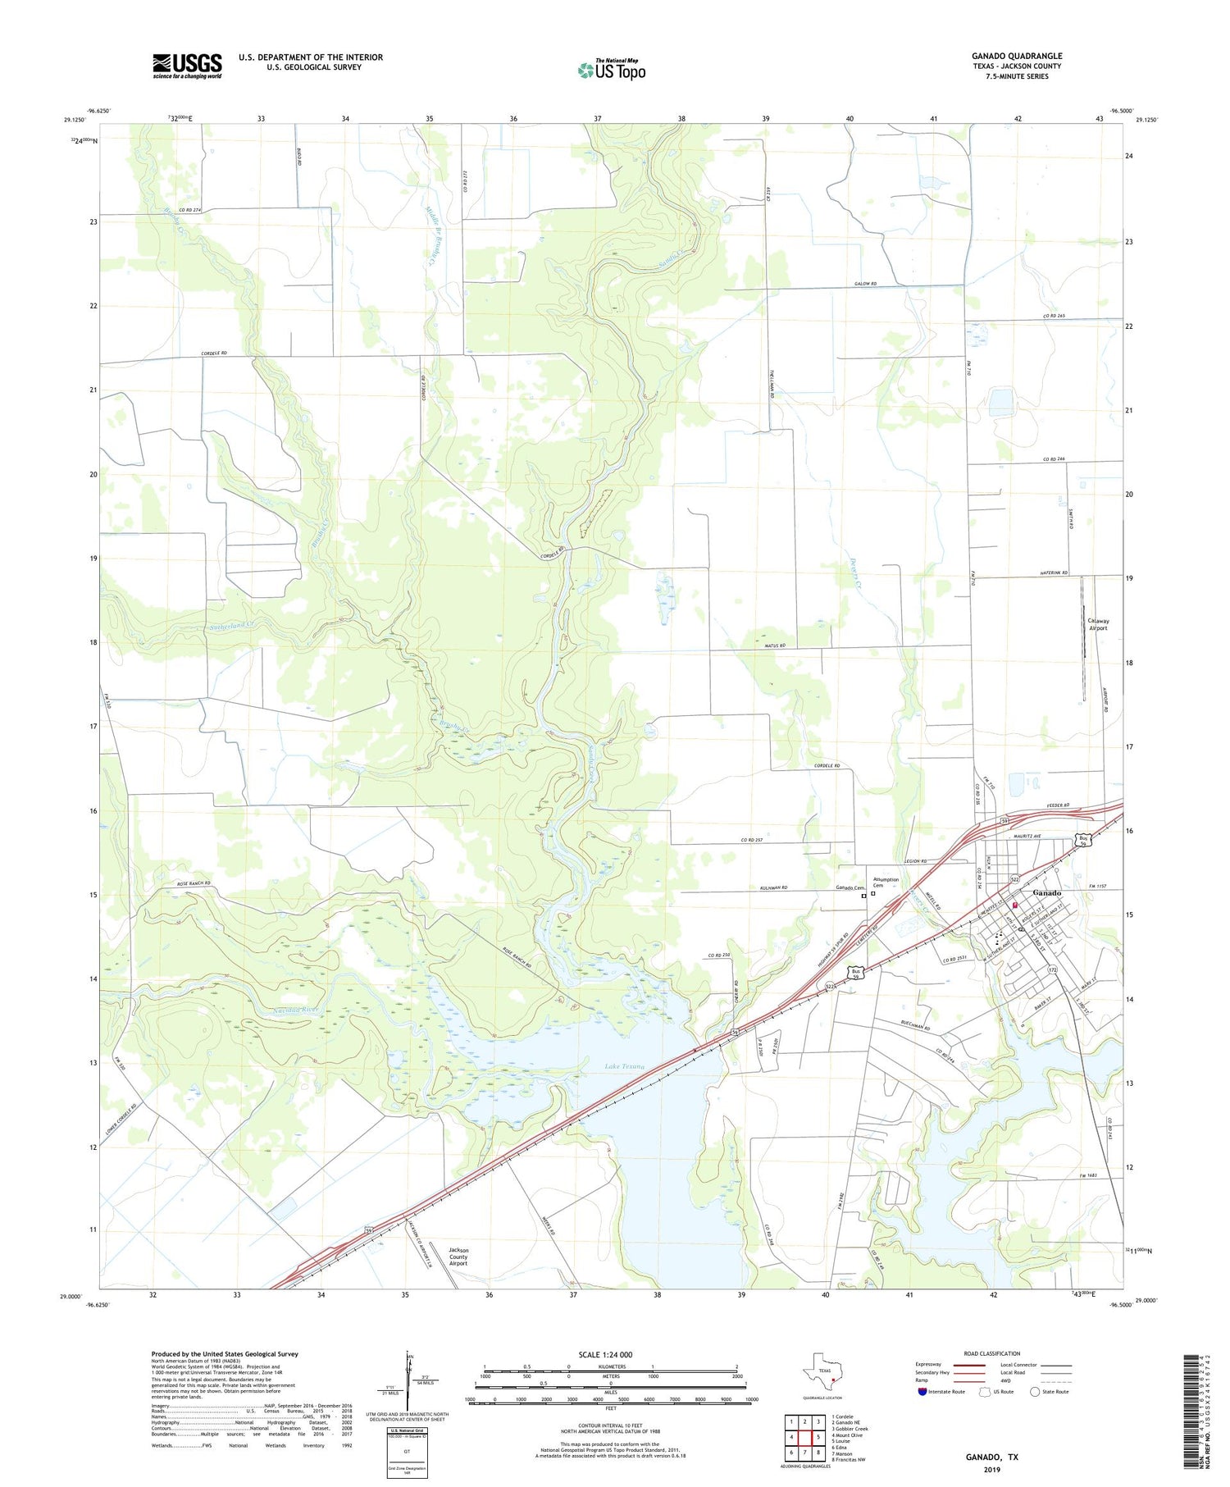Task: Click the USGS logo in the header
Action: [x=187, y=66]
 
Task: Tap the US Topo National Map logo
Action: [x=611, y=71]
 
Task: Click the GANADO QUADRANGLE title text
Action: [x=1016, y=56]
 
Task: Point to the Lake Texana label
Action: [x=624, y=1067]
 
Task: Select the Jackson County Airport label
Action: [x=458, y=1257]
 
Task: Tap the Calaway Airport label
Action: [x=1097, y=624]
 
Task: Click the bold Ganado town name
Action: [x=1047, y=892]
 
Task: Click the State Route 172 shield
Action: [x=1050, y=970]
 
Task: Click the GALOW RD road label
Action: [x=865, y=284]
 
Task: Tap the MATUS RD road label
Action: [x=776, y=646]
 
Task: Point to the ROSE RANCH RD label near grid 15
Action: [x=194, y=883]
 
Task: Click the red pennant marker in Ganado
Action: [x=1015, y=905]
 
